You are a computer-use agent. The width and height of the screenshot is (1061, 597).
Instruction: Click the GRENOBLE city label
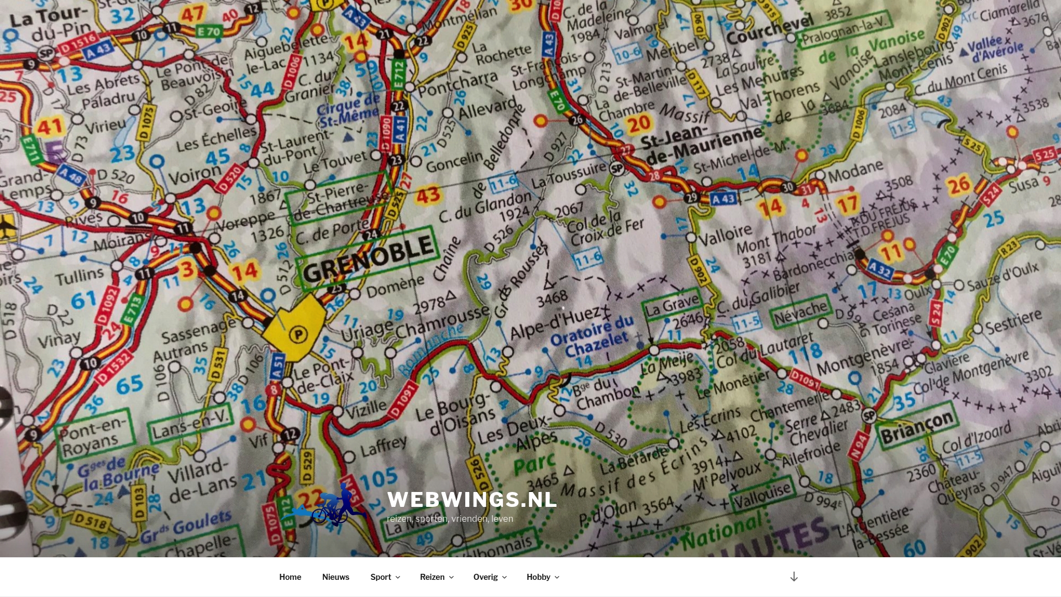click(x=367, y=259)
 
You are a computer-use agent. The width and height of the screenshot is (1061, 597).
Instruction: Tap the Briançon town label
click(x=917, y=427)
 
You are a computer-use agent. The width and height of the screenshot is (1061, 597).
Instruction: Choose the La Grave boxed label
click(x=671, y=305)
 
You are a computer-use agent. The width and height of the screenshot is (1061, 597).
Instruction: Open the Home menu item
click(x=290, y=577)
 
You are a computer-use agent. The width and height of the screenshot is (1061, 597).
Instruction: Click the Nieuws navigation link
click(x=335, y=577)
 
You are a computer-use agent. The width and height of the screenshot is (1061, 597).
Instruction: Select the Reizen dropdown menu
click(x=436, y=577)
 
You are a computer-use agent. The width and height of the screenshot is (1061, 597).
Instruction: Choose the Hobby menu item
click(x=542, y=577)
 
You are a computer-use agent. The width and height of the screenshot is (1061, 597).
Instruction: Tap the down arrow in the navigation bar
click(x=794, y=577)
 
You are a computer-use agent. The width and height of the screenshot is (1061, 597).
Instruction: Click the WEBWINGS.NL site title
click(x=472, y=500)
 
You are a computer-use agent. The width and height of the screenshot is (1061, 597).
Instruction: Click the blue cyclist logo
click(x=332, y=505)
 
